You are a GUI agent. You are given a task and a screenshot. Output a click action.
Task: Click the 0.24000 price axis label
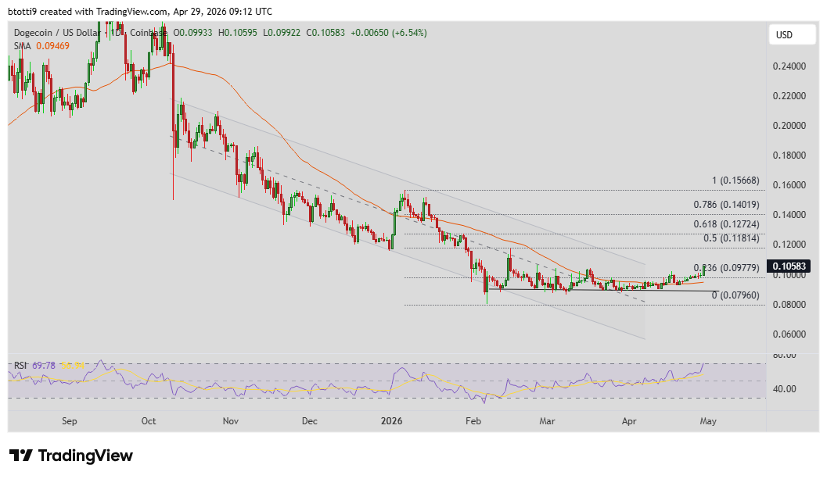coord(789,66)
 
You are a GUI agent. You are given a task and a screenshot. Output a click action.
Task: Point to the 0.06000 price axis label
coord(789,334)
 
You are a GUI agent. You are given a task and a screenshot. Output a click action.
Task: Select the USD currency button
coord(784,35)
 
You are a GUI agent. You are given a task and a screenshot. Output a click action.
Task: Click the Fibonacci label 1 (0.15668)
coord(735,181)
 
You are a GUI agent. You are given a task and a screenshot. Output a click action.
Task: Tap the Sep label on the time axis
coord(70,421)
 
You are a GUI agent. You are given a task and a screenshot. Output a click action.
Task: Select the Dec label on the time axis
coord(310,421)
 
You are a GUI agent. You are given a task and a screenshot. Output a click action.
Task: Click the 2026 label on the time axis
coord(391,421)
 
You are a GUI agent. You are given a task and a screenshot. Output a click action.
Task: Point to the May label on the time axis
coord(707,421)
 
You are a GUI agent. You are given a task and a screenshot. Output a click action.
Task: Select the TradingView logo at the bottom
coord(71,456)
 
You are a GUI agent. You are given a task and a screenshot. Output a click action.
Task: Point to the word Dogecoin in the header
coord(36,33)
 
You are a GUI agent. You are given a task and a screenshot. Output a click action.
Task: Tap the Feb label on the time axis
coord(473,421)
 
